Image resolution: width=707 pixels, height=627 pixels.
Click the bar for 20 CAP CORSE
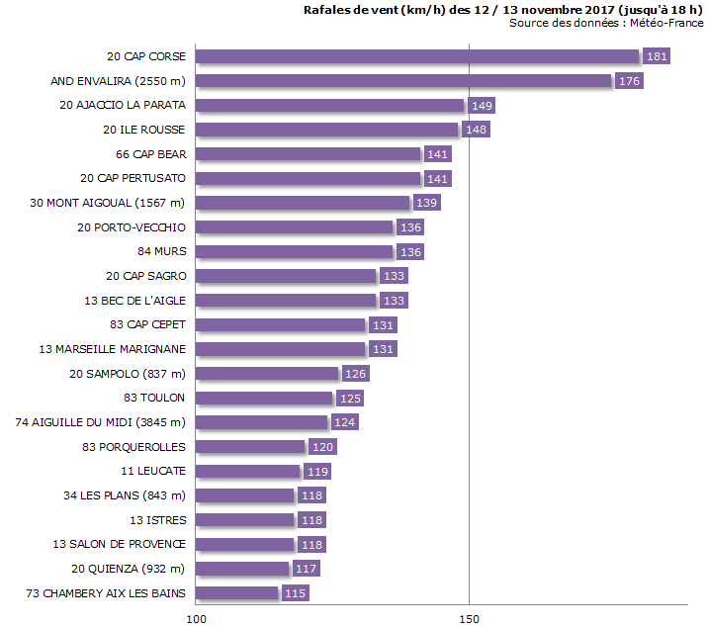click(x=417, y=56)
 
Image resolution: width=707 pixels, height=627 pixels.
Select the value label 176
click(x=629, y=81)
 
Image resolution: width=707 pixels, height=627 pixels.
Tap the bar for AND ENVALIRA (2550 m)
click(x=403, y=81)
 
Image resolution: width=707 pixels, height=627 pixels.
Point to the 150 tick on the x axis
click(x=469, y=618)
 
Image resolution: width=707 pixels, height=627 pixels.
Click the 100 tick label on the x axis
click(x=196, y=618)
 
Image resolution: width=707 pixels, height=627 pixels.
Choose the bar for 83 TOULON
click(x=264, y=398)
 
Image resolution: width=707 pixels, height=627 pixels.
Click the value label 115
click(x=295, y=593)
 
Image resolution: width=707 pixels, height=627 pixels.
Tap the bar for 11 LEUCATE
click(x=247, y=471)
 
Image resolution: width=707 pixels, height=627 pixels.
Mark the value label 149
click(x=482, y=105)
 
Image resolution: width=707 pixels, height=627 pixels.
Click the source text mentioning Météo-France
click(x=606, y=23)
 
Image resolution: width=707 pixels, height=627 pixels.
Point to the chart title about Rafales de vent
click(x=504, y=9)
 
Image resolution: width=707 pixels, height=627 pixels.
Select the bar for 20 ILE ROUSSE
click(x=327, y=130)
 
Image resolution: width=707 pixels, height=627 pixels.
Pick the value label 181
click(x=657, y=56)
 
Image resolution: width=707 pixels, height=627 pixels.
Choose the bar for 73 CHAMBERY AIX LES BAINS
click(x=237, y=593)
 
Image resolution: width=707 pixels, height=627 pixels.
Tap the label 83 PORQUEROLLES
click(x=133, y=447)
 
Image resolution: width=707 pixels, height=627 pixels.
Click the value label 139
click(x=426, y=203)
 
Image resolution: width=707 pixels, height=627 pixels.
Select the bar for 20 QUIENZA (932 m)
click(x=242, y=569)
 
